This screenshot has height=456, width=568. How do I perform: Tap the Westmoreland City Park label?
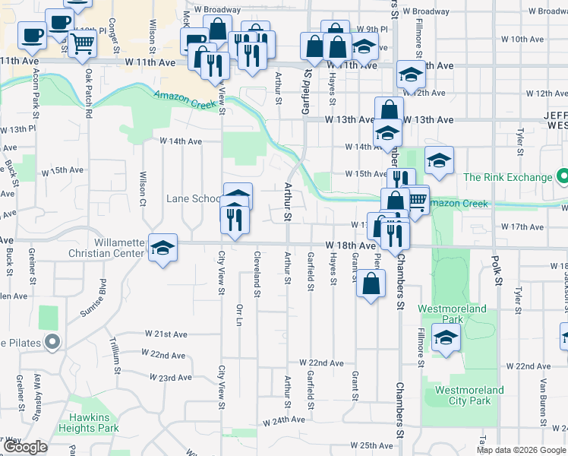click(x=469, y=395)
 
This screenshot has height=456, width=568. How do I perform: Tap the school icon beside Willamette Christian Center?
click(x=163, y=248)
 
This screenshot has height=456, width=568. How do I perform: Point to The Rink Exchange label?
click(x=508, y=177)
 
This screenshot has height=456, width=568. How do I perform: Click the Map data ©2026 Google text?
click(x=520, y=450)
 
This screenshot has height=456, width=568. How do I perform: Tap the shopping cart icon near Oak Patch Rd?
click(x=81, y=44)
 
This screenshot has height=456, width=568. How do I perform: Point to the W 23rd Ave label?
click(x=169, y=378)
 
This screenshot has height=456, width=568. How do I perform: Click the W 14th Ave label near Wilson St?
click(x=180, y=141)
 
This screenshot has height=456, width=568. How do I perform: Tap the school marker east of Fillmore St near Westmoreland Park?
click(x=446, y=338)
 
